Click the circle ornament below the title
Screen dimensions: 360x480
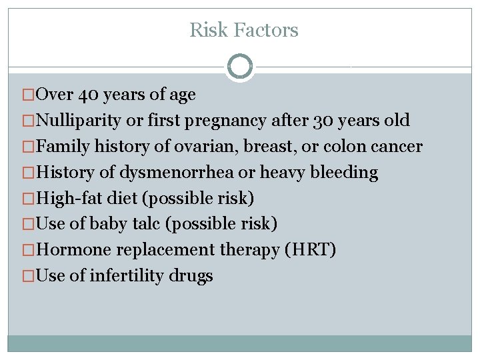click(240, 67)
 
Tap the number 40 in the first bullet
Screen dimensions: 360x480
click(89, 95)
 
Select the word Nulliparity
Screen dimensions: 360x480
click(79, 121)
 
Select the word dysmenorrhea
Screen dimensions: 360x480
click(177, 173)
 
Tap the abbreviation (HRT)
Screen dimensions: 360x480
click(311, 250)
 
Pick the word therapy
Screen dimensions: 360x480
click(246, 250)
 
